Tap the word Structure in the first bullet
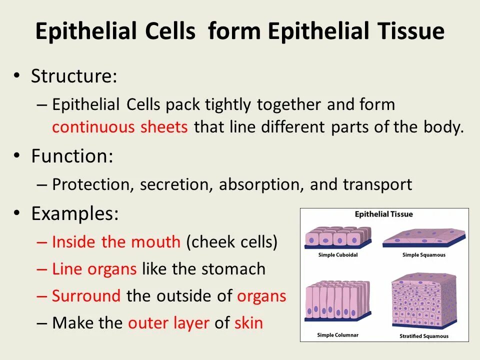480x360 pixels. (73, 76)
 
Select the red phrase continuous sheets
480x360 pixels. (120, 127)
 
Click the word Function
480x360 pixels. (71, 156)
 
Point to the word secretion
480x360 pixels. (177, 185)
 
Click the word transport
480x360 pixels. (377, 185)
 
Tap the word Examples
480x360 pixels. (74, 214)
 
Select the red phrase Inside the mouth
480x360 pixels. (116, 242)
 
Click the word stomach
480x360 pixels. (233, 269)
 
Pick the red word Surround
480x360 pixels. (86, 296)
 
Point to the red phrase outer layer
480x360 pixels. (168, 323)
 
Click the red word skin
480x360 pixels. (248, 323)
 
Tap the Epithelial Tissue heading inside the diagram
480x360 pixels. (384, 214)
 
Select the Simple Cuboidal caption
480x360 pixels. (338, 255)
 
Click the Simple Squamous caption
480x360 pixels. (423, 255)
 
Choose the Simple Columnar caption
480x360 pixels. (338, 335)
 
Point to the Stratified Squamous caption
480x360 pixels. (424, 336)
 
